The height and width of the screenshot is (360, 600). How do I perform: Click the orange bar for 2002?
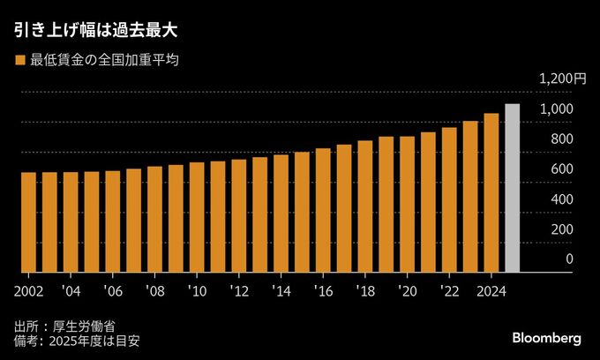click(28, 222)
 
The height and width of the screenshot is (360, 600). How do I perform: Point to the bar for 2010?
click(197, 217)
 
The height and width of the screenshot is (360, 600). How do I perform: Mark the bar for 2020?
click(407, 205)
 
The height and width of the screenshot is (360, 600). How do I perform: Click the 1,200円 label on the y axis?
click(562, 79)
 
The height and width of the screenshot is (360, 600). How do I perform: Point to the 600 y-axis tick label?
click(562, 169)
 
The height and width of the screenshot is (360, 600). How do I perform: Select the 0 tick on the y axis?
click(569, 259)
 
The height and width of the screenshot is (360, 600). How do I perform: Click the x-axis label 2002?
click(28, 289)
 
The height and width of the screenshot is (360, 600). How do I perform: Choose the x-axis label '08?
click(154, 289)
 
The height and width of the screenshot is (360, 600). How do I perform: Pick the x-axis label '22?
click(449, 289)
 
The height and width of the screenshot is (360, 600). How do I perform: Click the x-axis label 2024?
click(491, 289)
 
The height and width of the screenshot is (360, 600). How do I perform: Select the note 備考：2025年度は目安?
click(78, 340)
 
